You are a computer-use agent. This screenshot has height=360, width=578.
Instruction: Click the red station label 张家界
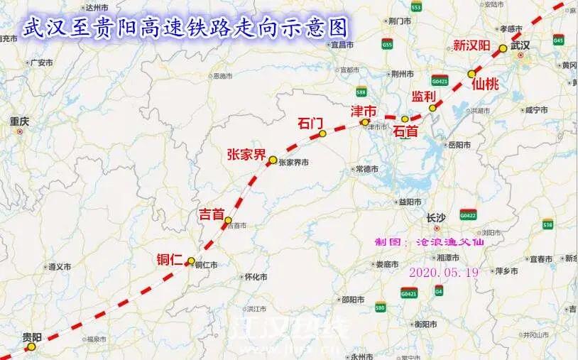pos(246,154)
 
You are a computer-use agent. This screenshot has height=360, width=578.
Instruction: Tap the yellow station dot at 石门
pos(322,133)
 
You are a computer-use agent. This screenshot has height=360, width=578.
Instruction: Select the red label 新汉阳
pos(472,46)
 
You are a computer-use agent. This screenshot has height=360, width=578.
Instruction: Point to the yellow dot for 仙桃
pos(471,73)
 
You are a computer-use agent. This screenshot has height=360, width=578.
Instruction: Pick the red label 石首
pos(406,131)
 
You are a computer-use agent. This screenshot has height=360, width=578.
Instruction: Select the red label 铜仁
pos(170,259)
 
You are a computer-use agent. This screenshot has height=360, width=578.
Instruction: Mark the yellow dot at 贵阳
pos(31,347)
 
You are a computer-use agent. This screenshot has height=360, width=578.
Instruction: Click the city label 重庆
pos(19,122)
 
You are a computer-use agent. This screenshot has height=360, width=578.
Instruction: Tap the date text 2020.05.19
pos(444,272)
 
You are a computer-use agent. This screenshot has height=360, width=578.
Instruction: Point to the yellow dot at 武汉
pos(503,48)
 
